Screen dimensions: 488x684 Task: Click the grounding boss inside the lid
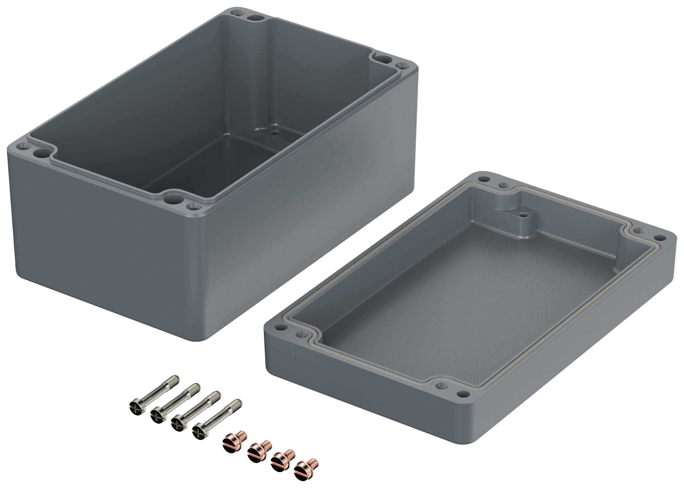523,215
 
